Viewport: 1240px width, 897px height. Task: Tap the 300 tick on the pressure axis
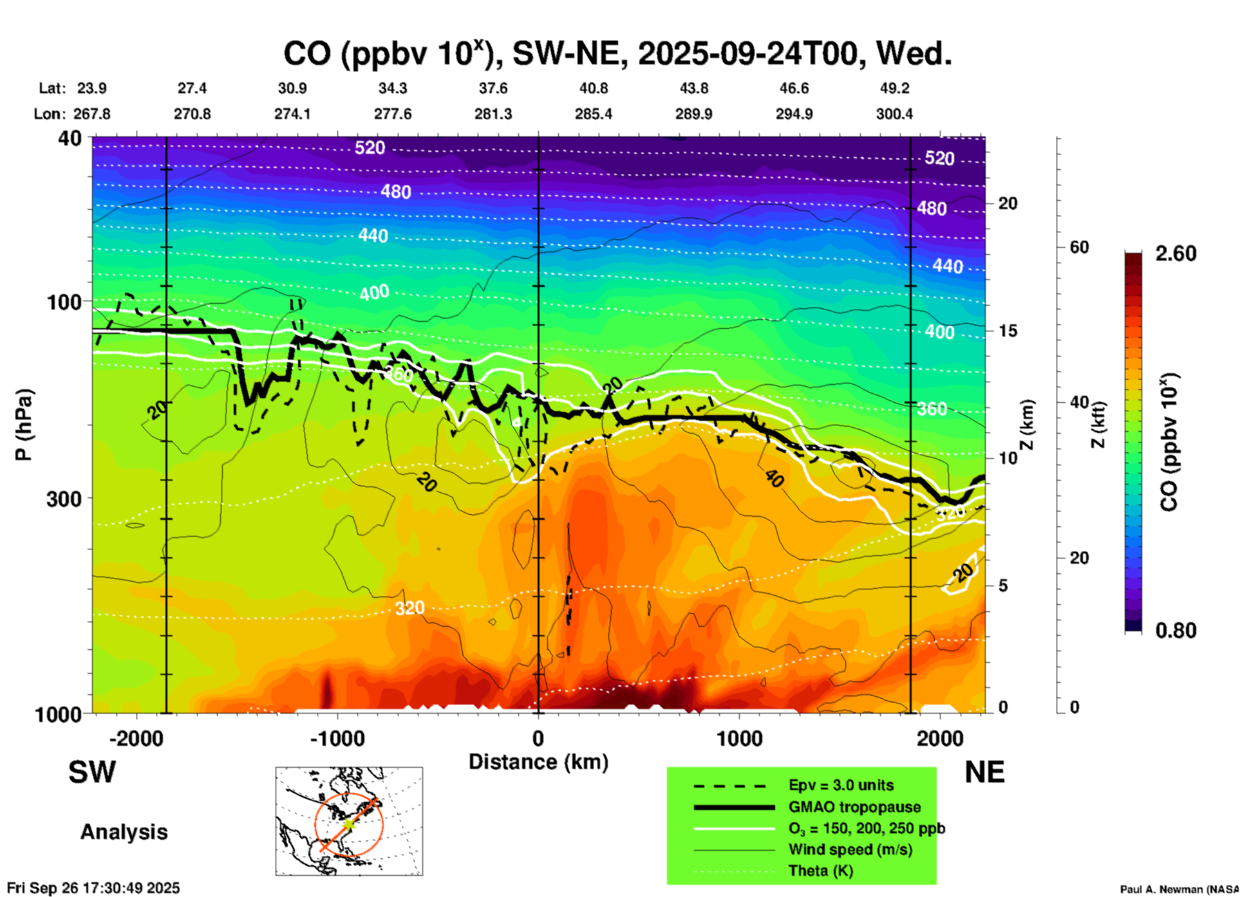(64, 499)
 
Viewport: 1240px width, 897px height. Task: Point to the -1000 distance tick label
(337, 739)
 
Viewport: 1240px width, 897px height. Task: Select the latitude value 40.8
(593, 88)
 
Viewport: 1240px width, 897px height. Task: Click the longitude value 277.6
(392, 114)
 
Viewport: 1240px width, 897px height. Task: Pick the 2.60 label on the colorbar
(1176, 254)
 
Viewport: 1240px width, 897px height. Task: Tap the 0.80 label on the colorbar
(1176, 631)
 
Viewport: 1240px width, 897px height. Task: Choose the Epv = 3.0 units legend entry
(841, 785)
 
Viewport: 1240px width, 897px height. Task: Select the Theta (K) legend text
(820, 871)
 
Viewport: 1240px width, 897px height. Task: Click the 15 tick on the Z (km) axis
(1008, 331)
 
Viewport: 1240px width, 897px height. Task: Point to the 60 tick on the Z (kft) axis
(1079, 247)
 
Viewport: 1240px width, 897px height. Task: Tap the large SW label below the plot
(92, 772)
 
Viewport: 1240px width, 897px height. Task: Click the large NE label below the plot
(984, 772)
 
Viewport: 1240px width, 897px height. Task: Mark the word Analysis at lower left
(124, 832)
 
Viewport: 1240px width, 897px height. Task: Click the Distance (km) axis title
(538, 762)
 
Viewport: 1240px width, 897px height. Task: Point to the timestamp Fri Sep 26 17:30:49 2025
(94, 888)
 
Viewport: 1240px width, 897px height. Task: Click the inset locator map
(349, 821)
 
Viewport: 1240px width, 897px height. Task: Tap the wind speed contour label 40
(774, 478)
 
